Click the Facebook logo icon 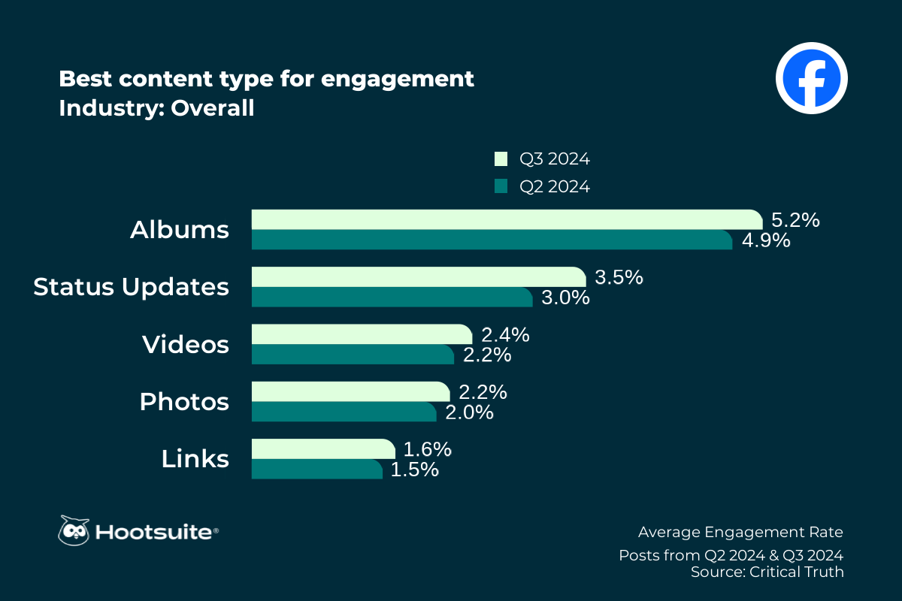click(x=811, y=77)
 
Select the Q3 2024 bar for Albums click(x=507, y=219)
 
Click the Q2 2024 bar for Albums click(x=492, y=240)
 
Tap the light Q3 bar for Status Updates click(x=418, y=276)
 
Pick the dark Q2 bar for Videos click(x=353, y=355)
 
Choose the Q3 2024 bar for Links click(x=323, y=448)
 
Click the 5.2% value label click(x=795, y=221)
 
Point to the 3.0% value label click(x=565, y=297)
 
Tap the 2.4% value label click(x=505, y=335)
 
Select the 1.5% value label click(x=414, y=470)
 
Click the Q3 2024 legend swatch click(x=501, y=159)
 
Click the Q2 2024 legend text click(x=555, y=187)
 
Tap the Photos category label click(x=184, y=401)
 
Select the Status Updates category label click(x=132, y=287)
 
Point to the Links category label click(x=195, y=458)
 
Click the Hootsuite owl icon click(x=74, y=531)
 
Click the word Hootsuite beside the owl click(x=156, y=533)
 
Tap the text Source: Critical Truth click(x=767, y=572)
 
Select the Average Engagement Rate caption click(x=740, y=532)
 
